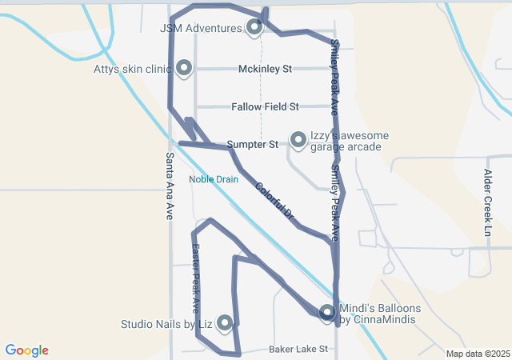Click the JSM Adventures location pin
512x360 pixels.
[x=254, y=28]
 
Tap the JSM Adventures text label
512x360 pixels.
[x=201, y=28]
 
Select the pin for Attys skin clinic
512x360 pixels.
[x=184, y=68]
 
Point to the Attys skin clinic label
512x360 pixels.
[x=133, y=69]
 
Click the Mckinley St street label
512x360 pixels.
[x=265, y=69]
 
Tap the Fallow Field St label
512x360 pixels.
[x=265, y=106]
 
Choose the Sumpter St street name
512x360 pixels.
[x=252, y=145]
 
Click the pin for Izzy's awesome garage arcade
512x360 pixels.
[x=298, y=140]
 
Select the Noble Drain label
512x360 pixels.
[x=214, y=179]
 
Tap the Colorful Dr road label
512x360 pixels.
[x=275, y=202]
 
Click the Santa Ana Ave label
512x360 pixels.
[x=170, y=186]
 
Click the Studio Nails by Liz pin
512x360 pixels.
[x=225, y=323]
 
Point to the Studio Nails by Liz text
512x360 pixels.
[x=166, y=324]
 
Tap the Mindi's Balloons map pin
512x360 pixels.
[x=326, y=313]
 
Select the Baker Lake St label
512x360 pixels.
[x=298, y=350]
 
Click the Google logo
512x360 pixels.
[x=27, y=350]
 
